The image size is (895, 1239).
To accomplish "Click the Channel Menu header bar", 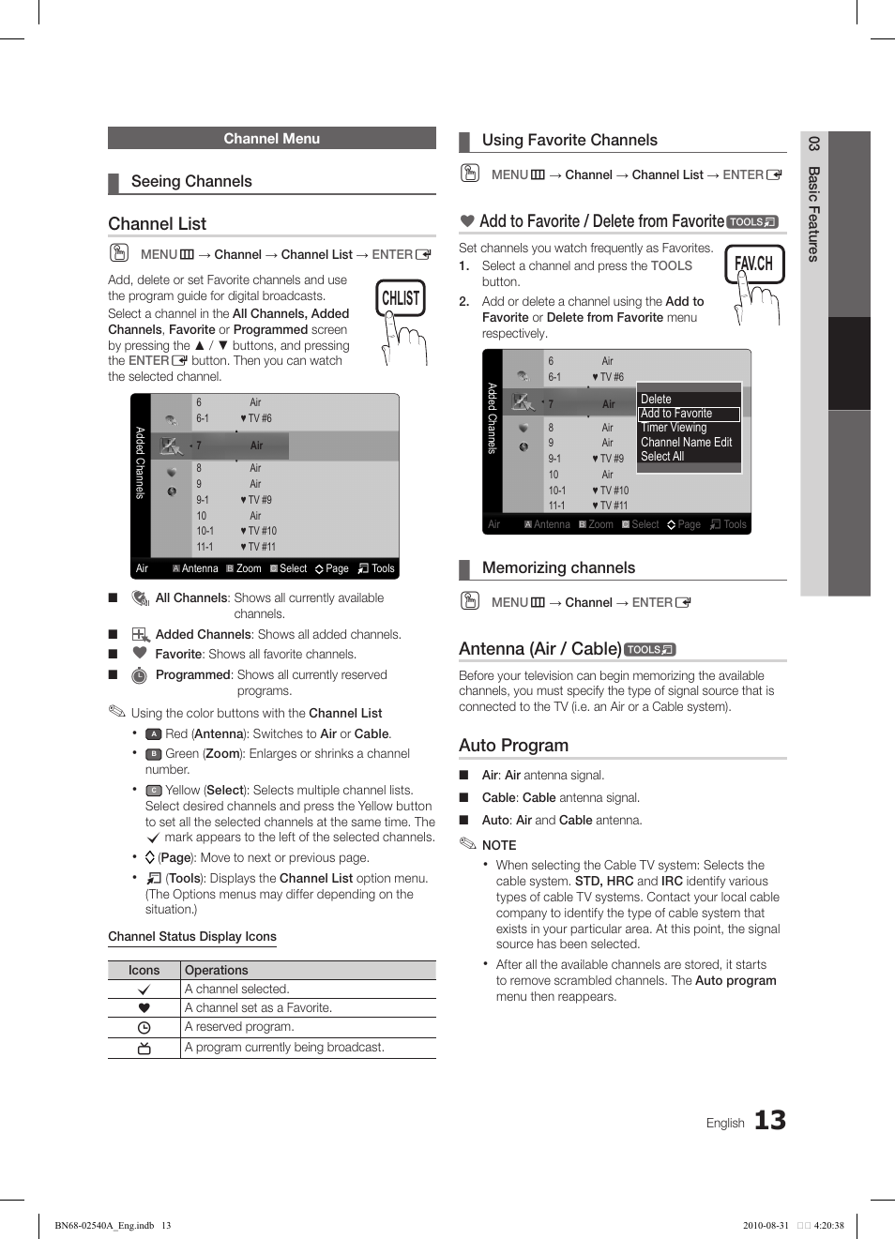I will pos(271,138).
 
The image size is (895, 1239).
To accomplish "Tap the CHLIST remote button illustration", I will pos(401,299).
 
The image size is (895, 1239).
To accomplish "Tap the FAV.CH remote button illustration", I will pos(753,264).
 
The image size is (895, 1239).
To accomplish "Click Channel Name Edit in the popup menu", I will pos(686,443).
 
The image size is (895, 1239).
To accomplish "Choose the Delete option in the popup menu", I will pos(656,399).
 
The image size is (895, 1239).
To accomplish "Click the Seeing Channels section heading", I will pos(191,182).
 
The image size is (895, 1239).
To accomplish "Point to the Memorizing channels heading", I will pos(558,568).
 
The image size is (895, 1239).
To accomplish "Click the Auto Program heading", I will pos(513,746).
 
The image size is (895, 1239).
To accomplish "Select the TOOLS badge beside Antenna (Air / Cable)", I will pos(649,649).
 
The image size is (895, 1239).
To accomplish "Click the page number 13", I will pos(770,1120).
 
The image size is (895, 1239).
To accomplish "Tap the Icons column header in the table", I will pos(144,971).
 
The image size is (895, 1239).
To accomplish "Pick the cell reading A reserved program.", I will pos(239,1027).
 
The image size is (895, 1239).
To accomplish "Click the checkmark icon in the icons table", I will pos(144,990).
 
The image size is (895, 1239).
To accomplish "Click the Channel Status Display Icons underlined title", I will pos(192,937).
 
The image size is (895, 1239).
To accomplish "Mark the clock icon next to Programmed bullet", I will pos(139,675).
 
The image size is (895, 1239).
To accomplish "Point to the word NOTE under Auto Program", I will pos(499,845).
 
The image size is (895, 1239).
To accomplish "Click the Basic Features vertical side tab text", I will pos(813,214).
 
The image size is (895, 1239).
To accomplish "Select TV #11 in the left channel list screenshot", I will pos(262,547).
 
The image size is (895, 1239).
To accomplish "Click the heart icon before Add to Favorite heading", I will pos(467,221).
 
